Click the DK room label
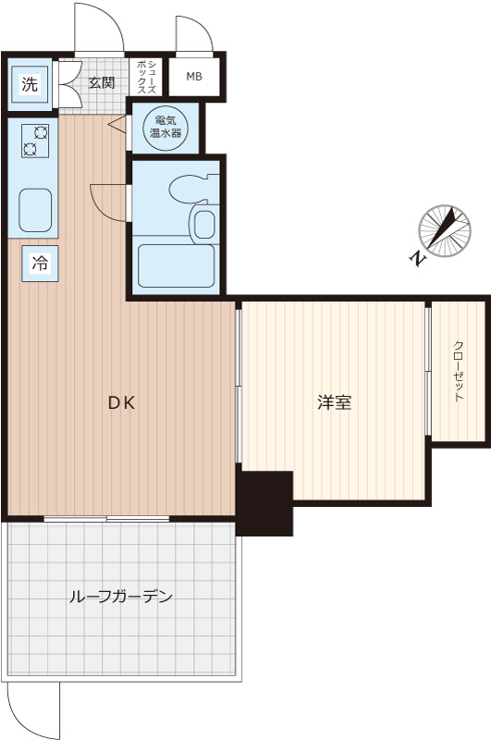(x=122, y=403)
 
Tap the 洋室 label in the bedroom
(x=335, y=403)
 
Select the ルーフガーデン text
(x=121, y=597)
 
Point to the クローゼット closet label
(x=459, y=371)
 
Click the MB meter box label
(x=194, y=76)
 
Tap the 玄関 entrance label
(x=102, y=83)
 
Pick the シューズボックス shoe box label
(x=146, y=77)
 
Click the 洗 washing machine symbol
(x=30, y=85)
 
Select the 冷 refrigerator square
(x=40, y=264)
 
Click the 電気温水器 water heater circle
(x=166, y=128)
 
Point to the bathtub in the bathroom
(x=176, y=266)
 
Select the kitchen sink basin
(x=35, y=211)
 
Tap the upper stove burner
(x=40, y=133)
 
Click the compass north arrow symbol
(x=445, y=231)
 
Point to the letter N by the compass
(x=417, y=259)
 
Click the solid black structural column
(x=264, y=503)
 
